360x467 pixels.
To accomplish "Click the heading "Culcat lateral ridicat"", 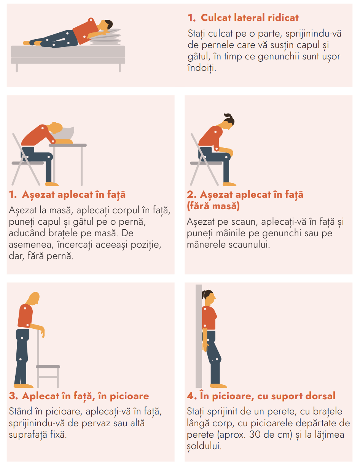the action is (249, 18).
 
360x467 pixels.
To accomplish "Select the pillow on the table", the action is (64, 133).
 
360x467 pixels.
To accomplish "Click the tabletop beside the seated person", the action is (68, 145).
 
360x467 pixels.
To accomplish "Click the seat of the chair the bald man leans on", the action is (48, 367).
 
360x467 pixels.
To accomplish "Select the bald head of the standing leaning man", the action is (34, 298).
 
